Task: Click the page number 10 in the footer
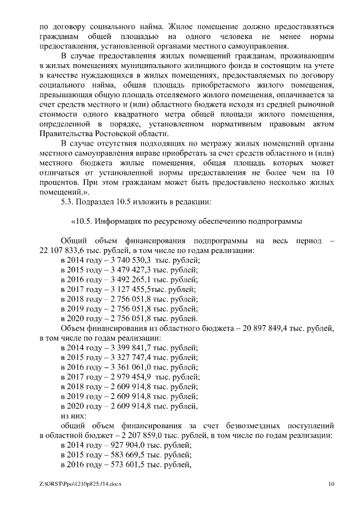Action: coord(331,484)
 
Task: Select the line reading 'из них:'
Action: coord(73,416)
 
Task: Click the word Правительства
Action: coord(65,133)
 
